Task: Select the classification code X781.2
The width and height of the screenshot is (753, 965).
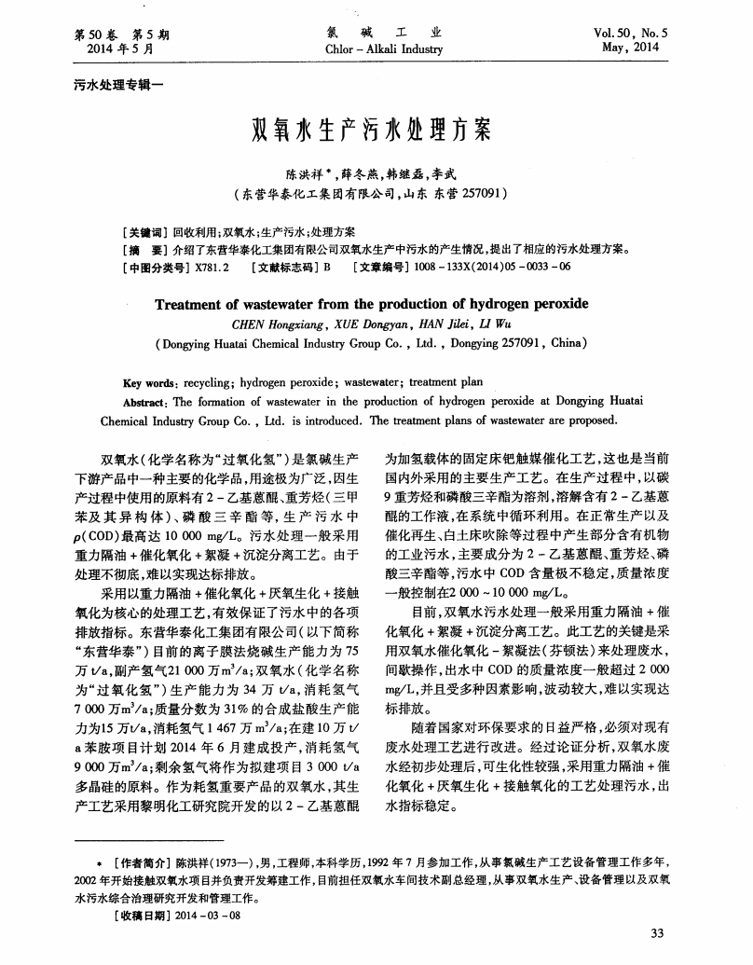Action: coord(212,266)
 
